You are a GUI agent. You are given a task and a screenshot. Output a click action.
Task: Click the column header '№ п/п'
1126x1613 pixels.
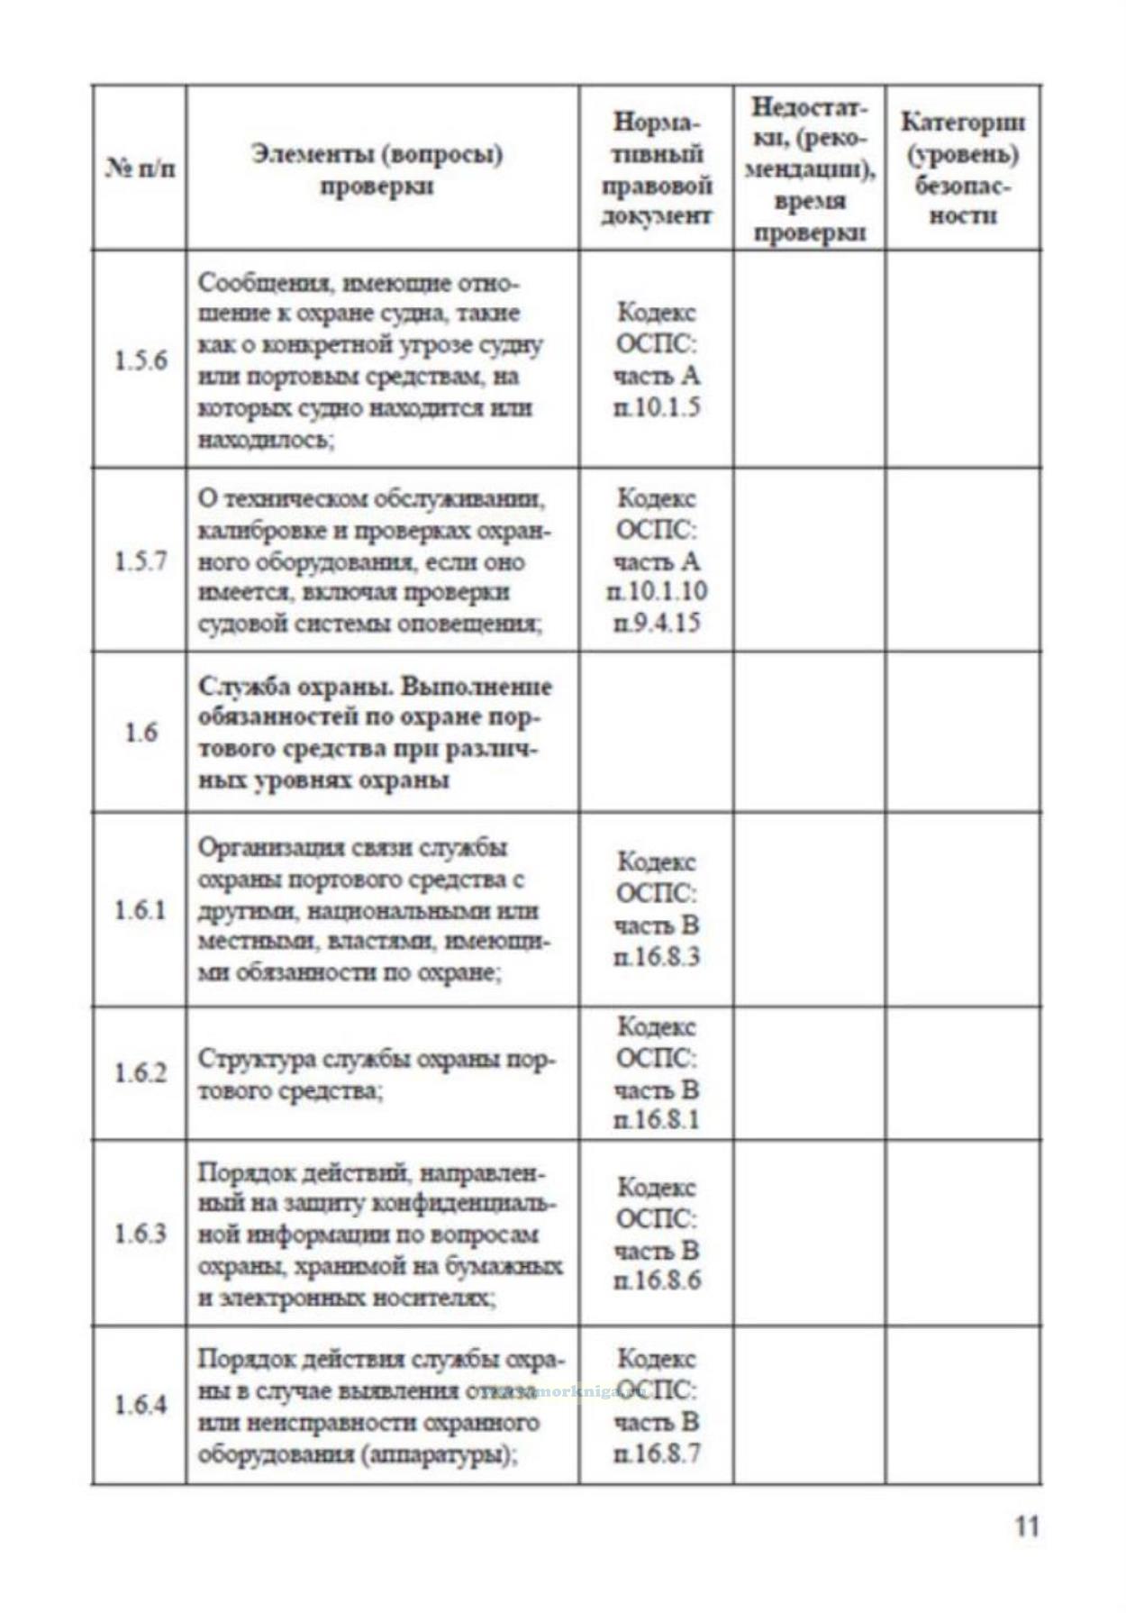[x=141, y=169]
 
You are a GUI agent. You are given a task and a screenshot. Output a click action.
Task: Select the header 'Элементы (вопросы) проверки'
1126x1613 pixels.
[x=377, y=169]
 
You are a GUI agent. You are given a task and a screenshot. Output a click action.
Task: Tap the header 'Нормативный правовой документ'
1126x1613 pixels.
[x=656, y=169]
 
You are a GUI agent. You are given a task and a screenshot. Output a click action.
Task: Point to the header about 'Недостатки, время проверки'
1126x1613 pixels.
[x=809, y=169]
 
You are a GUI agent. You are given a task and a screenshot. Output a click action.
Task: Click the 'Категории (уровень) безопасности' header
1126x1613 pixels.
[x=963, y=169]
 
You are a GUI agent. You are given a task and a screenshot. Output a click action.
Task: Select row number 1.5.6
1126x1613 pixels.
[x=141, y=360]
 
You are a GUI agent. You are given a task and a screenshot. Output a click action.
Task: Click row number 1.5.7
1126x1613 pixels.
[x=141, y=560]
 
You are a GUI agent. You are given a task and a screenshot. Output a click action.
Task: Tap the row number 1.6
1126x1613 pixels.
[x=141, y=732]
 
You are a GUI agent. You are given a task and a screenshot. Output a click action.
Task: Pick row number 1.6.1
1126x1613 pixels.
[x=141, y=910]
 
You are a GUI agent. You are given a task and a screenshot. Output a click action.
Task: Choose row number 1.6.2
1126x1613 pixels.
[x=141, y=1072]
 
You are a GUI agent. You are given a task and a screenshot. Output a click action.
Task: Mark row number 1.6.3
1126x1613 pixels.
[x=141, y=1233]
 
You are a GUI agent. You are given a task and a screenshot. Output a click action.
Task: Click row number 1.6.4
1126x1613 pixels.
[x=141, y=1404]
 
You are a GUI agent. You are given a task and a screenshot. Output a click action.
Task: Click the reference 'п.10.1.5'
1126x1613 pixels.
[x=656, y=407]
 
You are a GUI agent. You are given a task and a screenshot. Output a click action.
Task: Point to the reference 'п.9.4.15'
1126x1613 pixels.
[x=656, y=623]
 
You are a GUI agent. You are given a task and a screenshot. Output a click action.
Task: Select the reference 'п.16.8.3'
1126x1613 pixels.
[x=656, y=956]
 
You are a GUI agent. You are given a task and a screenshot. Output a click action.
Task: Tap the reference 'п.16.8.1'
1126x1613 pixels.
[x=656, y=1120]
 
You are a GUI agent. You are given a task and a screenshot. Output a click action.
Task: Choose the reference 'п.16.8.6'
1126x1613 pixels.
[x=656, y=1280]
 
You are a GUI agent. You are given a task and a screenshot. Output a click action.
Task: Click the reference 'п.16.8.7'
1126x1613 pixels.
[x=656, y=1453]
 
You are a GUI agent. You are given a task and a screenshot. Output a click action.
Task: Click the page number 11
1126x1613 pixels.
[x=1026, y=1526]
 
